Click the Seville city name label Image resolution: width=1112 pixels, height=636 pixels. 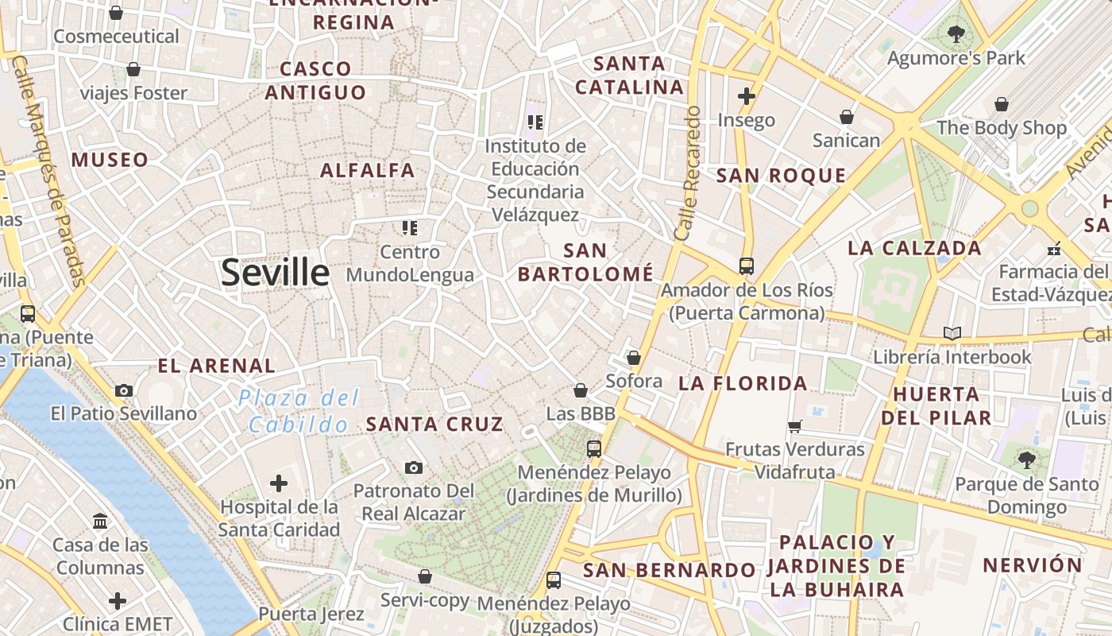tap(275, 273)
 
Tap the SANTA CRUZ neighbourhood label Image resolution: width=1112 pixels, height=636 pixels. tap(434, 425)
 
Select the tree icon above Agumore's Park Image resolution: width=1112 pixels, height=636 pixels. tap(956, 34)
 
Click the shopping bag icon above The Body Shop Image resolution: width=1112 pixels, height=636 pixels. tap(1002, 104)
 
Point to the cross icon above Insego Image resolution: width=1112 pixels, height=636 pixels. tap(746, 96)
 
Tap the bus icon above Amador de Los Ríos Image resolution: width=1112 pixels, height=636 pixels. tap(747, 266)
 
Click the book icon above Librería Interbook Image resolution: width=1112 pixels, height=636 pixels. tap(952, 333)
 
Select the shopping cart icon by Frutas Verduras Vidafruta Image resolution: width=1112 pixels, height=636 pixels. tap(794, 427)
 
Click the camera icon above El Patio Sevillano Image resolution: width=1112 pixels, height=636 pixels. tap(124, 390)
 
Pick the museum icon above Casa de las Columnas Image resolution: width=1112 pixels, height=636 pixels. tap(100, 522)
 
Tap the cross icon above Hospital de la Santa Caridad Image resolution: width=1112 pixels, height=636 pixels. tap(279, 483)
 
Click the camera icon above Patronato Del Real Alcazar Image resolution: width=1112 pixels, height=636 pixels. tap(413, 467)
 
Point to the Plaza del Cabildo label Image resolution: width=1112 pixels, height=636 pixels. tap(299, 411)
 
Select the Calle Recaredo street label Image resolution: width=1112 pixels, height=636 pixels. tap(687, 173)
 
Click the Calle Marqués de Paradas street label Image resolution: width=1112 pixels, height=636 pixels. tap(49, 171)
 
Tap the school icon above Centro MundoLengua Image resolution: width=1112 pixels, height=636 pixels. tap(410, 229)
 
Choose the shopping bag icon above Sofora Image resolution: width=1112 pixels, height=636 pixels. tap(634, 359)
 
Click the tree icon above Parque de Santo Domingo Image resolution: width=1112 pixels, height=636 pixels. tap(1027, 460)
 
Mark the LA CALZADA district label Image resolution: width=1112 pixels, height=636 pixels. tap(914, 248)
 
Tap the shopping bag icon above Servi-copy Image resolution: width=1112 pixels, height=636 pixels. tap(425, 576)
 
